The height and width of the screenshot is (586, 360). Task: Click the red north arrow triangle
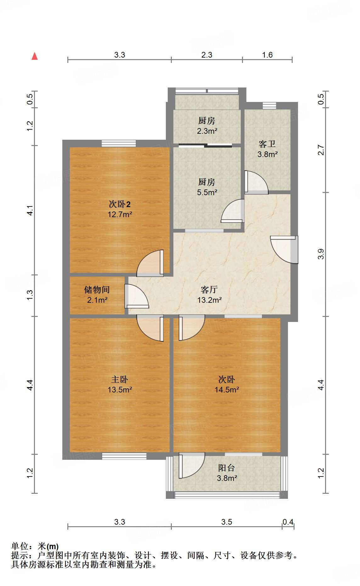tap(35, 56)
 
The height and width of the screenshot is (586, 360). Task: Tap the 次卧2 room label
tap(120, 204)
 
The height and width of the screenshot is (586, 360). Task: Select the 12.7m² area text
tap(120, 215)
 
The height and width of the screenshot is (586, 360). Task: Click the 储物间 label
tap(97, 290)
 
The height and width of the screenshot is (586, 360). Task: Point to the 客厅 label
tap(209, 290)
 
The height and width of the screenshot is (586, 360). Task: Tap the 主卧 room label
tap(120, 379)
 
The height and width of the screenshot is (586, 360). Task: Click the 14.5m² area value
tap(227, 390)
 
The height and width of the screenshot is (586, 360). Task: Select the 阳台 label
tap(227, 468)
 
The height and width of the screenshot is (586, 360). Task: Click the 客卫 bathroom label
tap(267, 144)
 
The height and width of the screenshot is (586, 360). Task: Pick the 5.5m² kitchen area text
tap(207, 192)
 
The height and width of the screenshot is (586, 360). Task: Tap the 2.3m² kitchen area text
tap(207, 131)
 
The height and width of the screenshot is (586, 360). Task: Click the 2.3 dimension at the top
tap(207, 55)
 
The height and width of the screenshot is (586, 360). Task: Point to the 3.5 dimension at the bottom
tap(227, 522)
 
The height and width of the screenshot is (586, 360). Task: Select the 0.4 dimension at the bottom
tap(288, 522)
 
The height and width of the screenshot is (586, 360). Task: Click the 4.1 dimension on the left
tap(30, 210)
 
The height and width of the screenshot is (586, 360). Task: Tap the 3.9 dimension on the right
tap(321, 254)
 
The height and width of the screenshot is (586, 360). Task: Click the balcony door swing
tap(191, 465)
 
